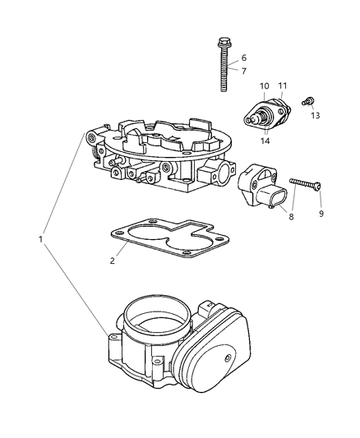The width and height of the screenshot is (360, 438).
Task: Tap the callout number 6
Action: coord(243,58)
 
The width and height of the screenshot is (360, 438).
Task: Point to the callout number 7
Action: coord(243,71)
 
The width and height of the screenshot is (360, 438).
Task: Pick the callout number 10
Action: coord(265,86)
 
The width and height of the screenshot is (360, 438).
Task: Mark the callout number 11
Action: coord(282,86)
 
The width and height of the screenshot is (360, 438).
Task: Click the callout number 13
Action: coord(316,116)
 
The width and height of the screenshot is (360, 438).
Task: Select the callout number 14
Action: coord(265,141)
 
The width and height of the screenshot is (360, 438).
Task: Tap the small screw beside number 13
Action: coord(306,101)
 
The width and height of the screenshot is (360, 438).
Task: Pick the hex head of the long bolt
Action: coord(223,41)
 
